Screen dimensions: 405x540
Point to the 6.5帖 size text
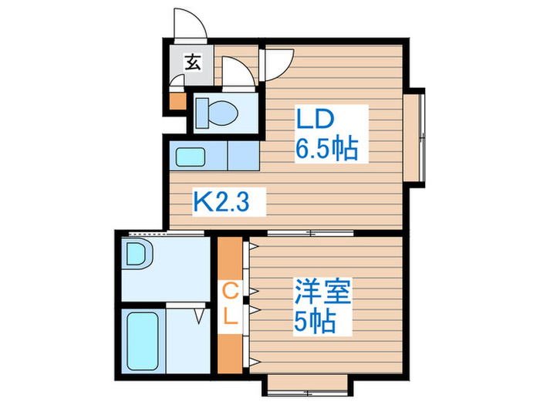pyautogui.click(x=327, y=148)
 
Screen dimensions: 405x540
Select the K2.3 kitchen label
pyautogui.click(x=229, y=204)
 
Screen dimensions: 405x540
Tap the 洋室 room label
pyautogui.click(x=322, y=293)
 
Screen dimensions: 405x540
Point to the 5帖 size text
pyautogui.click(x=314, y=321)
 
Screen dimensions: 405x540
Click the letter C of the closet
pyautogui.click(x=230, y=291)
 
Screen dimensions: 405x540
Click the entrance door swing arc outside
pyautogui.click(x=189, y=23)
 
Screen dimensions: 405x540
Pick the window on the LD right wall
pyautogui.click(x=416, y=138)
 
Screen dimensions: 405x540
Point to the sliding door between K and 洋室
pyautogui.click(x=309, y=232)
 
